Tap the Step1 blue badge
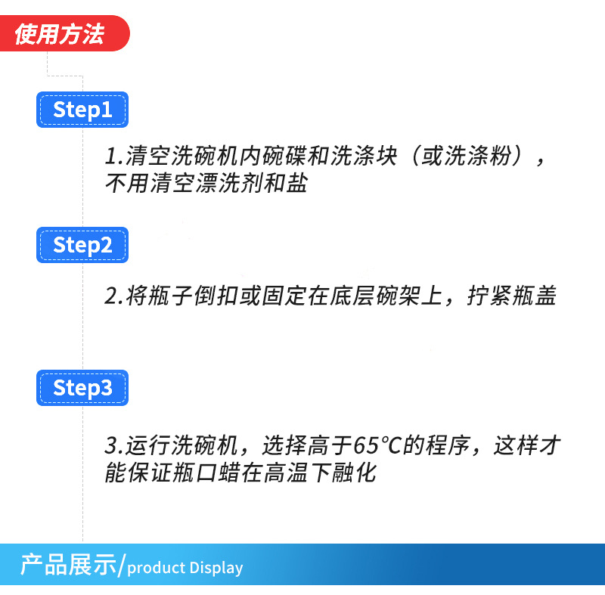82,110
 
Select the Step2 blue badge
82,245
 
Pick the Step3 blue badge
82,388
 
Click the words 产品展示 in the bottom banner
69,566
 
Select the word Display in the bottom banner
216,568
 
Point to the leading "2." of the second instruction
113,296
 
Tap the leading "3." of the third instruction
113,445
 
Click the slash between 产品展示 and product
123,566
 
